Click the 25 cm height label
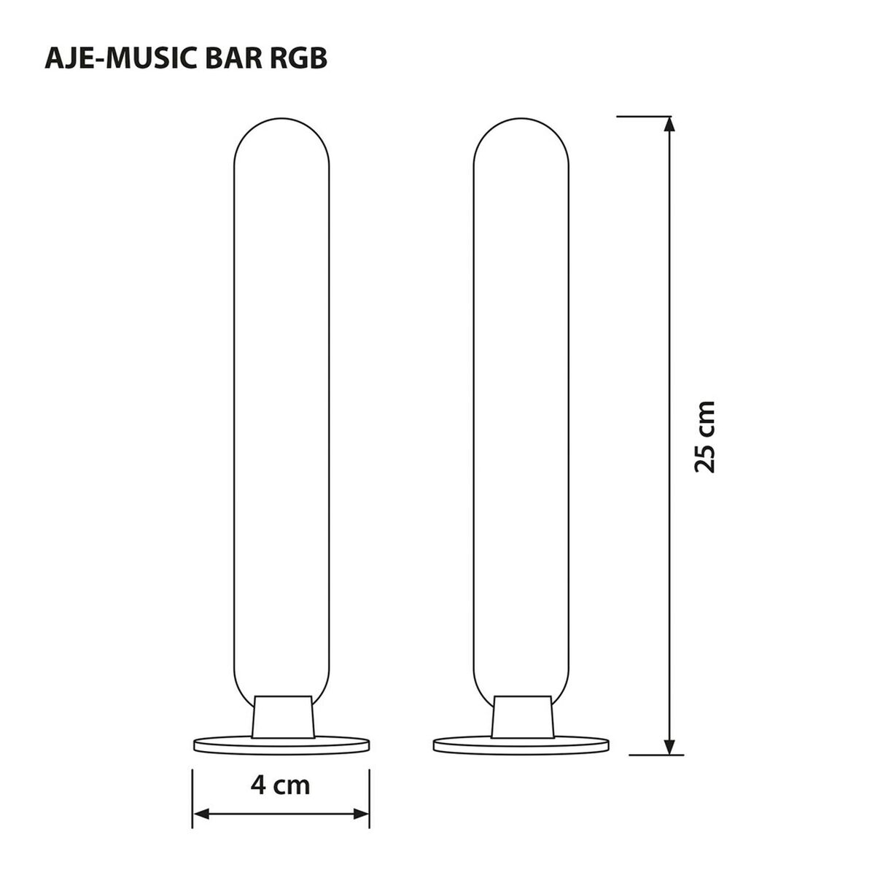point(706,437)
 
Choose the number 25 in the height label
point(706,455)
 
